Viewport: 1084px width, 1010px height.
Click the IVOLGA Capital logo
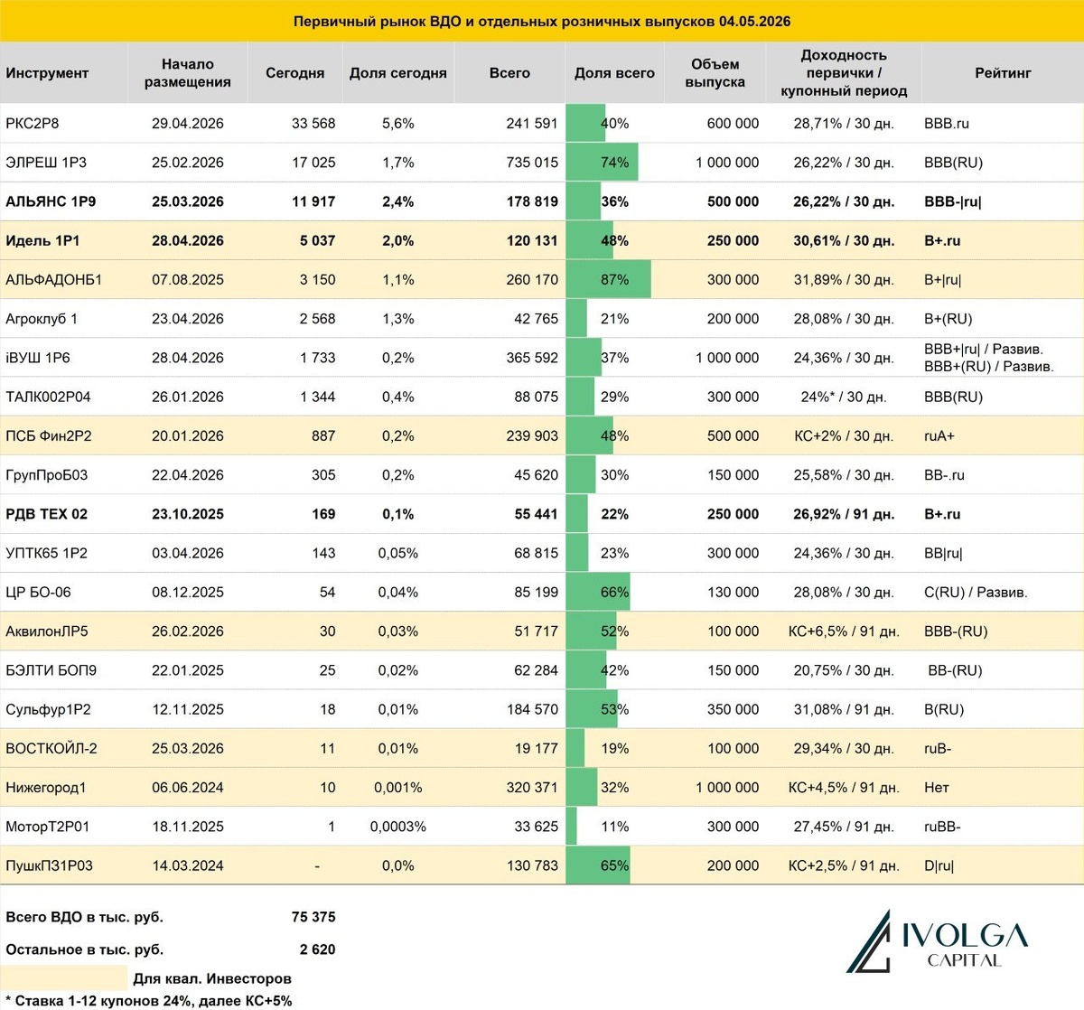(937, 941)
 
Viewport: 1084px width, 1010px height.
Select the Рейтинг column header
(1003, 72)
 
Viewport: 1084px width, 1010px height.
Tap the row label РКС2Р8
(33, 124)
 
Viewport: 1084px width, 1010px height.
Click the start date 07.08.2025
(188, 279)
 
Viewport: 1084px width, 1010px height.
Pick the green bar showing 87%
(608, 279)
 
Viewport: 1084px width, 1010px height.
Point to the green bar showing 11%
(571, 826)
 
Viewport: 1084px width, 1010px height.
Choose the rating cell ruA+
(939, 435)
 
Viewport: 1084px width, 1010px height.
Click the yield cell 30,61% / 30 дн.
(844, 241)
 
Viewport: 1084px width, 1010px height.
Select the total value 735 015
(532, 162)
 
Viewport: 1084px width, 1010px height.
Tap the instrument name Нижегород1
(46, 787)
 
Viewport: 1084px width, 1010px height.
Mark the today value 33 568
(313, 124)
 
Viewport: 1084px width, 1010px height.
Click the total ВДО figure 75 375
(313, 917)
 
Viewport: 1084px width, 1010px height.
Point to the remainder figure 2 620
(317, 949)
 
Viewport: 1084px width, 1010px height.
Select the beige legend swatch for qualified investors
(64, 977)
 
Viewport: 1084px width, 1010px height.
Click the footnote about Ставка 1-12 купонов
(148, 1001)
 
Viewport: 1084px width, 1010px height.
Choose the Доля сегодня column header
(397, 72)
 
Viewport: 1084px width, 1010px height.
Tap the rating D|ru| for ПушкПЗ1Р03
(939, 865)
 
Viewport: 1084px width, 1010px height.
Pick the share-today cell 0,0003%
(397, 826)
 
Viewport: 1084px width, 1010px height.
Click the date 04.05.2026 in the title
(754, 22)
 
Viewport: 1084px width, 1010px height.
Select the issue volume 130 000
(733, 592)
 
